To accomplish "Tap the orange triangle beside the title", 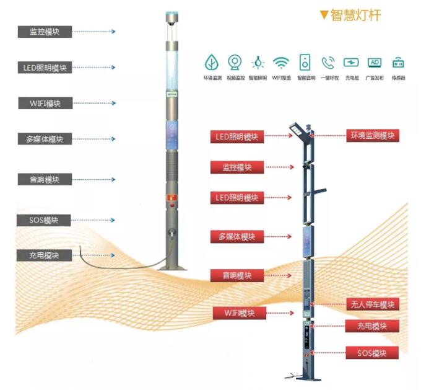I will pos(323,15).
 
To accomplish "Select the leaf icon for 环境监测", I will pos(212,62).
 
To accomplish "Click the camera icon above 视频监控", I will pos(235,62).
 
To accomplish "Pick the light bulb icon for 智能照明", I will pos(258,62).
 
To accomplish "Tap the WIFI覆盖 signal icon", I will pos(281,62).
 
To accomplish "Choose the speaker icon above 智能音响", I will pos(305,62).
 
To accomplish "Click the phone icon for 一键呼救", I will pos(328,62).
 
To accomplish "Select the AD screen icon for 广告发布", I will pos(374,62).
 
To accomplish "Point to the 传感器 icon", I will pos(398,62).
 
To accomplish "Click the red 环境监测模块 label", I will pos(372,135).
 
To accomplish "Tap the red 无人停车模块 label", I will pos(371,304).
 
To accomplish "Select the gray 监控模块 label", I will pos(45,31).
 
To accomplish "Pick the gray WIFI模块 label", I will pos(45,103).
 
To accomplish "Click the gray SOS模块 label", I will pos(45,220).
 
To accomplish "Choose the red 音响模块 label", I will pos(237,275).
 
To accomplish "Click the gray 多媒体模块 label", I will pos(45,139).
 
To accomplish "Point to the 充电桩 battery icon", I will pos(351,62).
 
